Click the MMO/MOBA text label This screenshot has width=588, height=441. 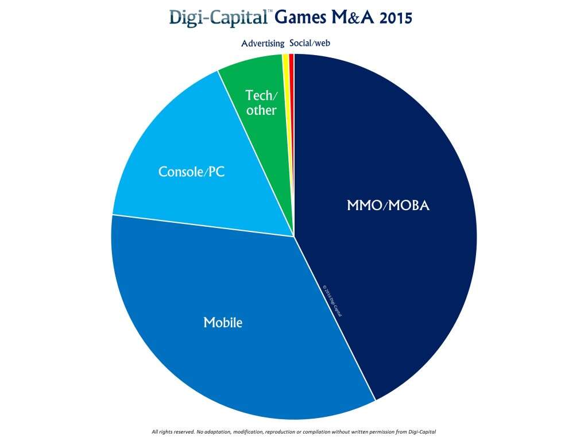(x=388, y=205)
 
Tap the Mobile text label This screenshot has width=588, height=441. (x=223, y=323)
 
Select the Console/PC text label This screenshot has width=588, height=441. (x=191, y=171)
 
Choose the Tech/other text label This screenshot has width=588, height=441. (x=261, y=103)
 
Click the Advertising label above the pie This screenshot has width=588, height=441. (x=262, y=44)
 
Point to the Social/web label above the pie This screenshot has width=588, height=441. (x=310, y=44)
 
